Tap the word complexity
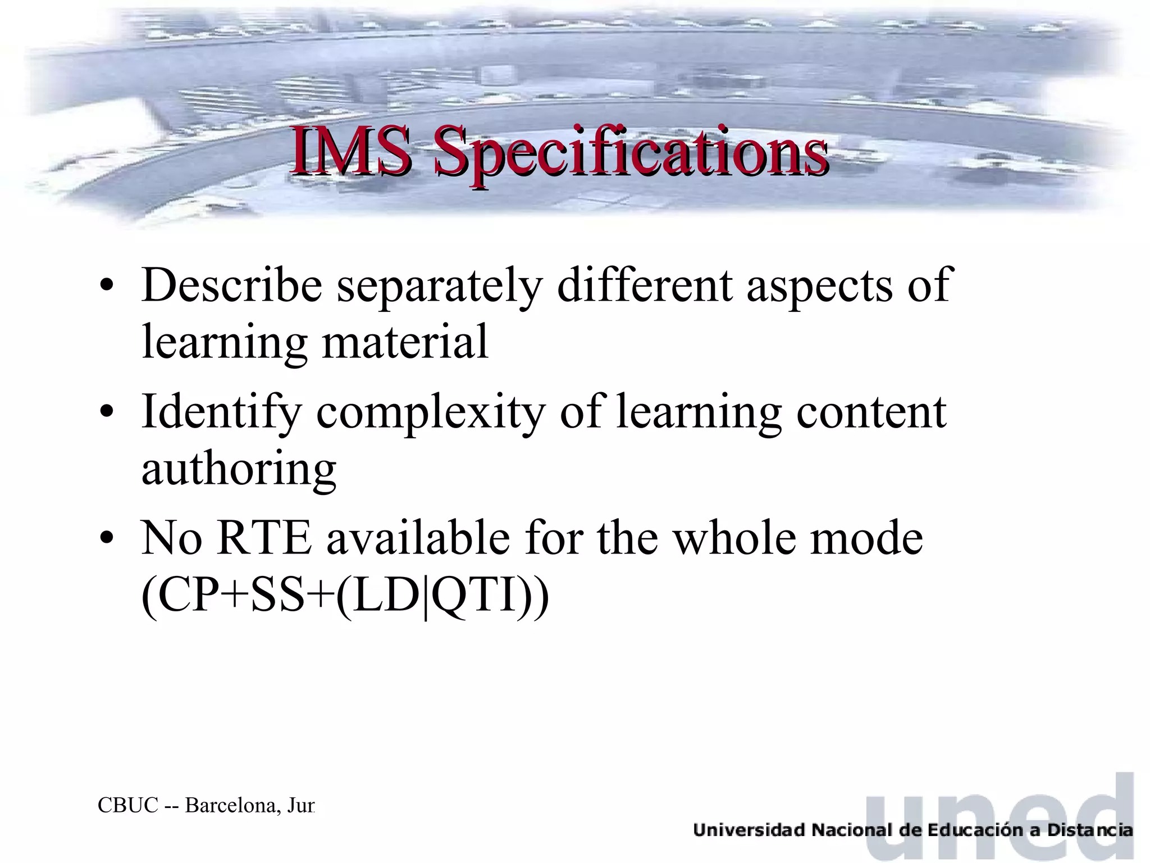click(x=431, y=414)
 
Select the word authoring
click(x=239, y=470)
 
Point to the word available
click(x=418, y=538)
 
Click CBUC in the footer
click(x=128, y=805)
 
